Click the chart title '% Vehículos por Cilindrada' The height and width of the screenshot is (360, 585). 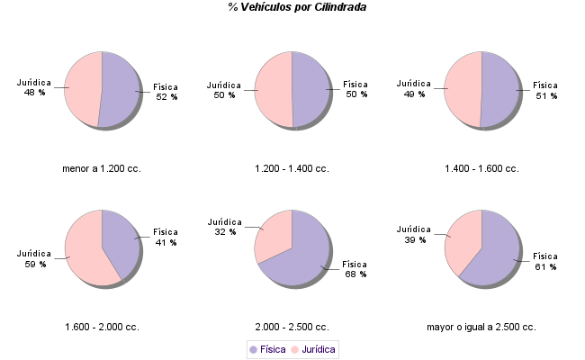click(297, 7)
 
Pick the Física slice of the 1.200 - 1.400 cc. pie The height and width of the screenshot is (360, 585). click(310, 90)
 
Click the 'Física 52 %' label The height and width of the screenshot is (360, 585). click(166, 92)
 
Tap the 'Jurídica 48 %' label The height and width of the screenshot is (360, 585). click(34, 87)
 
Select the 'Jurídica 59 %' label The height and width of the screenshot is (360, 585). click(34, 258)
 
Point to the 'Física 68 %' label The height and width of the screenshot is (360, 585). click(355, 269)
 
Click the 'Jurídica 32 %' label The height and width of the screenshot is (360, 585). click(225, 227)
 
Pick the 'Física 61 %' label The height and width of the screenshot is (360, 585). click(546, 261)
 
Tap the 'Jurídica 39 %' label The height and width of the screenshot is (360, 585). click(414, 234)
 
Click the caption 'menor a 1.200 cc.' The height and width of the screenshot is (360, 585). click(102, 168)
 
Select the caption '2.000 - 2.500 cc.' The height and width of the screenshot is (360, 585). click(292, 327)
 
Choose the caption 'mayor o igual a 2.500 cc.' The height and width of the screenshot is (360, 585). click(481, 327)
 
